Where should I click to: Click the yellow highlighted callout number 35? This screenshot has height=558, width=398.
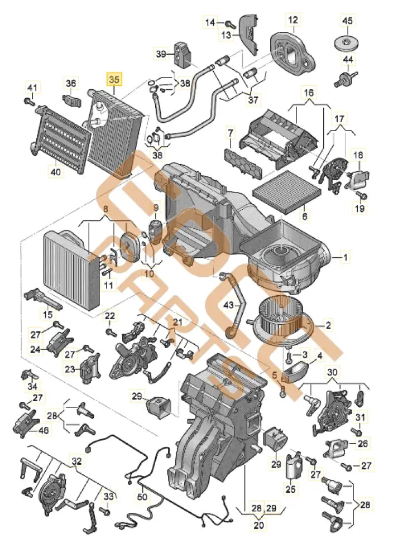pyautogui.click(x=114, y=79)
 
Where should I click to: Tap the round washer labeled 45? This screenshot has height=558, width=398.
pyautogui.click(x=348, y=42)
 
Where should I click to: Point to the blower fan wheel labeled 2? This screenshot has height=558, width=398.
pyautogui.click(x=281, y=320)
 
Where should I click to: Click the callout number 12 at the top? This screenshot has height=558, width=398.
pyautogui.click(x=293, y=22)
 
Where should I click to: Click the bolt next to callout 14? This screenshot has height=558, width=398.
pyautogui.click(x=229, y=23)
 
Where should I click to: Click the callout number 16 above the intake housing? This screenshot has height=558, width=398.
pyautogui.click(x=309, y=92)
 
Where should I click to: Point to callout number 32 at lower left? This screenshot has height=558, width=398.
pyautogui.click(x=76, y=461)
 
